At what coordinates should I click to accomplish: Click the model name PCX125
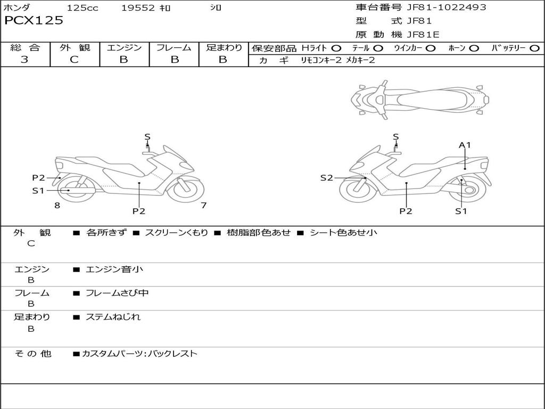[34, 21]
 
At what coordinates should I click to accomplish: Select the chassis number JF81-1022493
[447, 7]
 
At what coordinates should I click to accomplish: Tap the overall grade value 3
[24, 60]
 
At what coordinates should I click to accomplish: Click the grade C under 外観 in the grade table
[74, 60]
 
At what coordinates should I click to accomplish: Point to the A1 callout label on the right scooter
[465, 145]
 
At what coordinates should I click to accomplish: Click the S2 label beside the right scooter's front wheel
[326, 178]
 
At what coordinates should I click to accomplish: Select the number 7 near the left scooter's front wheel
[204, 206]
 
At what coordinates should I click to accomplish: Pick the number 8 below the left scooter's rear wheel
[57, 206]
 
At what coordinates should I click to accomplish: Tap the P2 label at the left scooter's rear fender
[38, 178]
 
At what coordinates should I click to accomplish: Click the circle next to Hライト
[336, 48]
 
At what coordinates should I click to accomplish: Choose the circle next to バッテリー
[534, 48]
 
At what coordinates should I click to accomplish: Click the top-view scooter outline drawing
[420, 100]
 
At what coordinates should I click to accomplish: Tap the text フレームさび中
[117, 293]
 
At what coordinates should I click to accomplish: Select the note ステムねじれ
[113, 317]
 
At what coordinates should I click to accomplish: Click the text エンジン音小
[114, 269]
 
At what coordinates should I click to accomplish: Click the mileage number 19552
[138, 7]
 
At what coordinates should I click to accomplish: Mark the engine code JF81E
[423, 35]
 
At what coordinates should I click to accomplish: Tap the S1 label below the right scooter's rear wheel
[461, 211]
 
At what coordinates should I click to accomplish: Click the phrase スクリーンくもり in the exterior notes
[176, 233]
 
